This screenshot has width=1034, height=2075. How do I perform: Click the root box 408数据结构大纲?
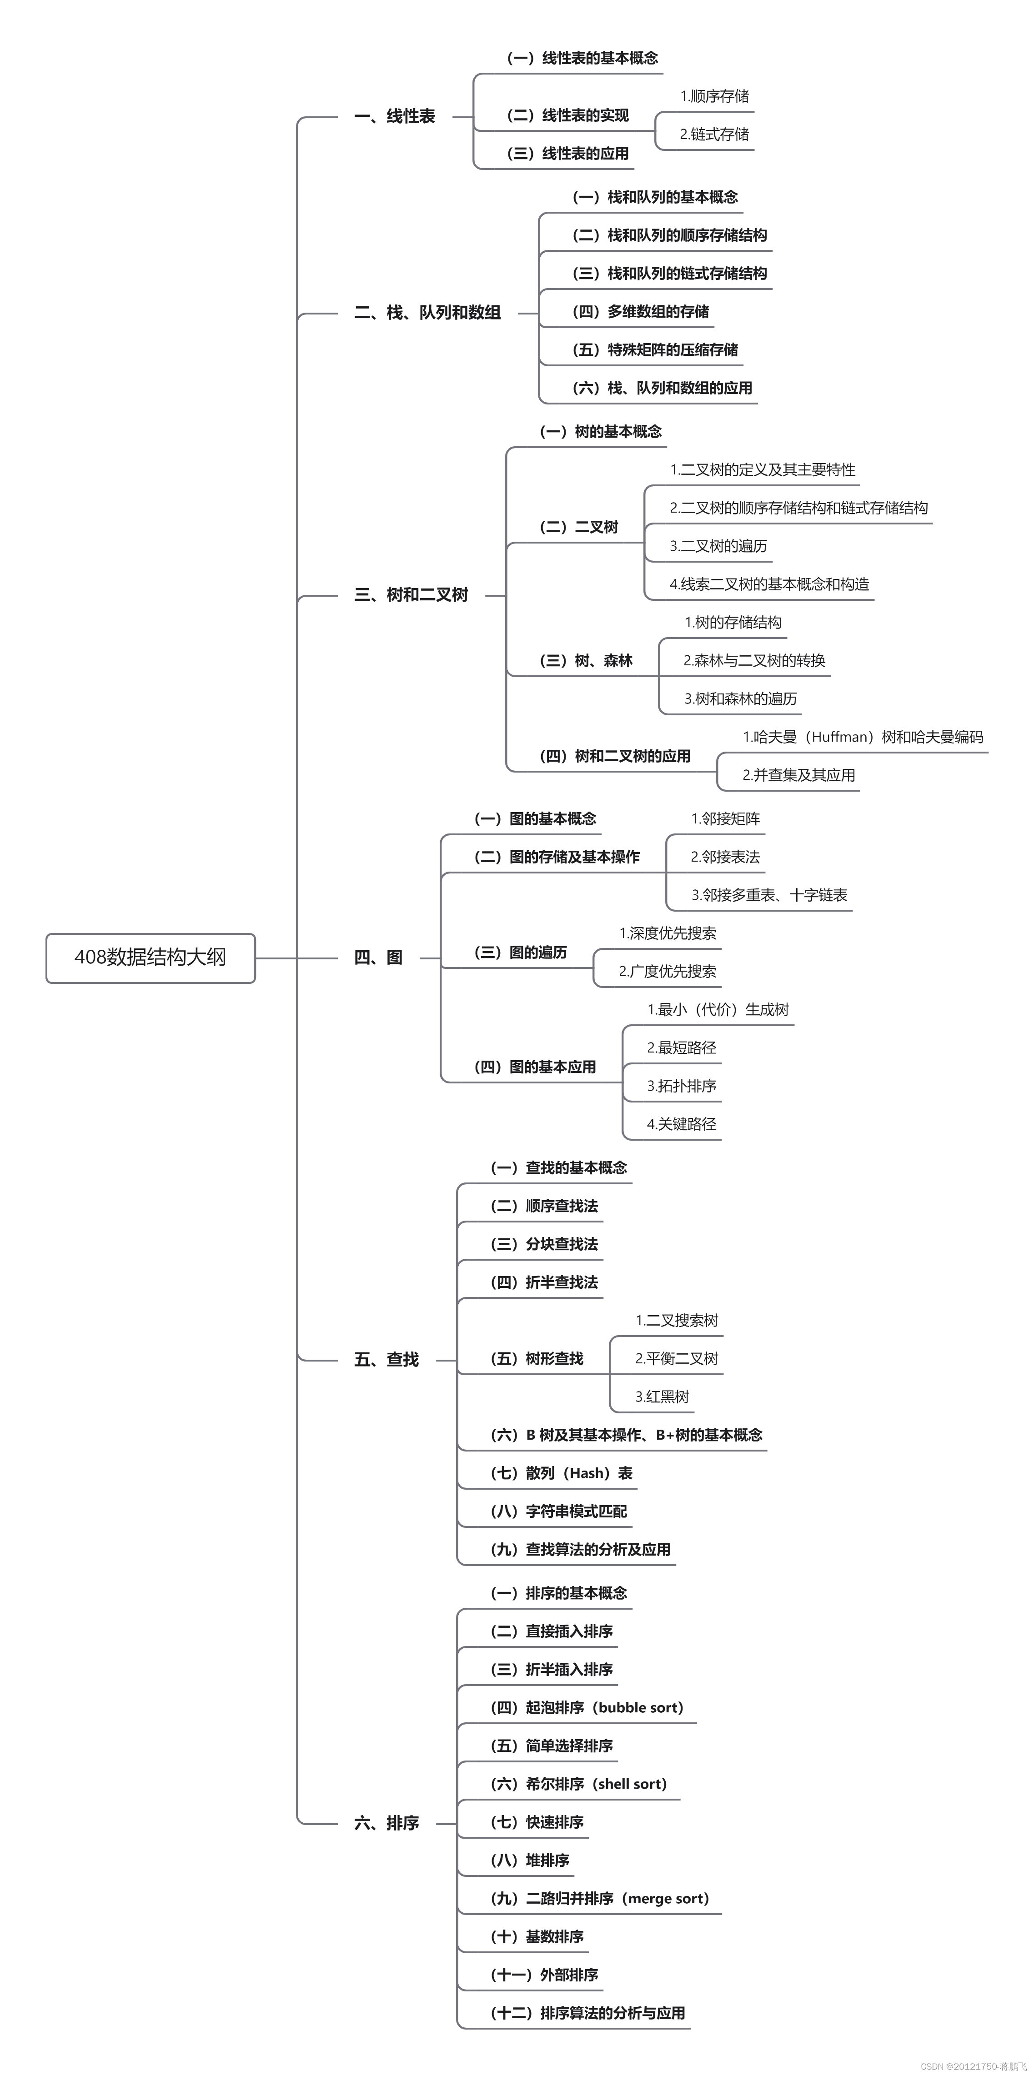[x=151, y=958]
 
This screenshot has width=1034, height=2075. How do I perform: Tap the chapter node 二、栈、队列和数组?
[x=427, y=313]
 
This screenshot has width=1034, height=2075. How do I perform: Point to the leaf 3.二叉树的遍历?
[x=718, y=546]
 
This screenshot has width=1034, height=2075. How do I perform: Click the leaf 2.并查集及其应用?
[x=798, y=775]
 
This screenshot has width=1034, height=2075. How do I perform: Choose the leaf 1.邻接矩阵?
[x=725, y=819]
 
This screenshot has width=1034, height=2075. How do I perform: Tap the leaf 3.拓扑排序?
[x=681, y=1086]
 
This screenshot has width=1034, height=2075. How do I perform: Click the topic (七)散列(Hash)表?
[x=561, y=1473]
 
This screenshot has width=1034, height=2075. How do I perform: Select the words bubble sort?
[x=640, y=1708]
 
